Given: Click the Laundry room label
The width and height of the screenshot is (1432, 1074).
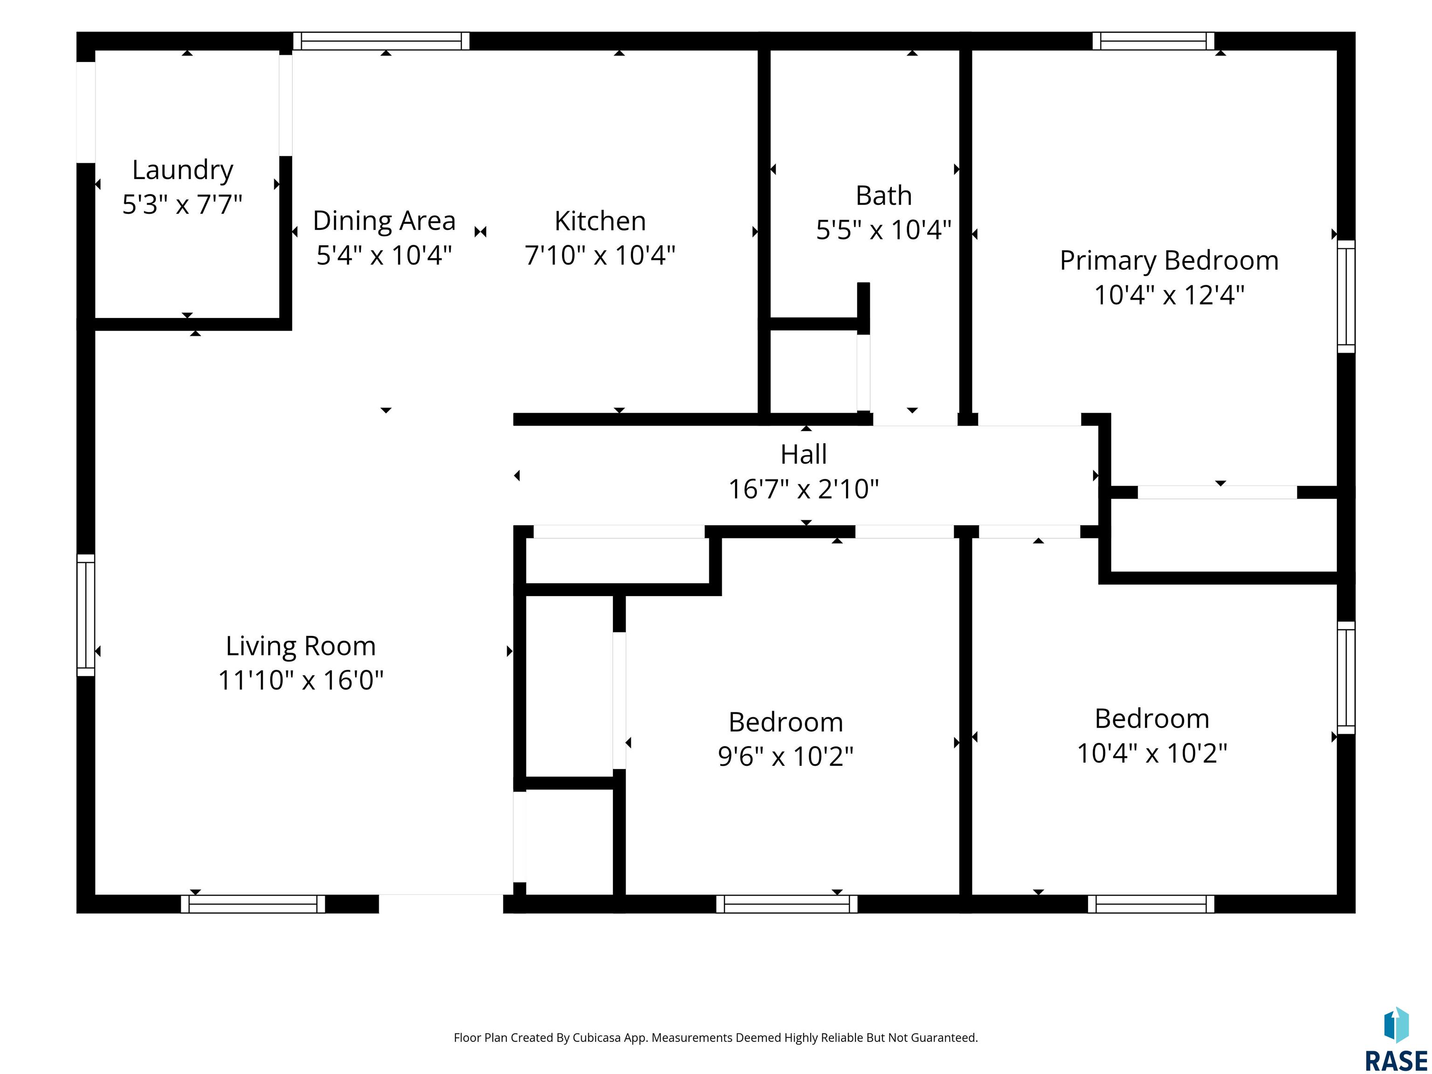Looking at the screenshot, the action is pyautogui.click(x=183, y=170).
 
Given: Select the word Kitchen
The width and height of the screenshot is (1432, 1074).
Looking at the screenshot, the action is pyautogui.click(x=600, y=221).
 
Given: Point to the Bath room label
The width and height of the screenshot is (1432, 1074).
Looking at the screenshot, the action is pyautogui.click(x=884, y=195).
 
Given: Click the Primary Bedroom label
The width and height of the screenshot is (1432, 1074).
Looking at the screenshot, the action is pyautogui.click(x=1169, y=261).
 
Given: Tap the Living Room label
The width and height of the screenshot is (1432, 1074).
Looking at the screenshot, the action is pyautogui.click(x=300, y=646).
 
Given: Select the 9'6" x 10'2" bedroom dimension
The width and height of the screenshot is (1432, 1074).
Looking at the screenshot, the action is pyautogui.click(x=785, y=756).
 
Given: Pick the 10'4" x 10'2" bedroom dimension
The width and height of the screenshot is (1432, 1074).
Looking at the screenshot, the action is pyautogui.click(x=1152, y=752).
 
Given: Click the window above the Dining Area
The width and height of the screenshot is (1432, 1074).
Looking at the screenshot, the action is pyautogui.click(x=381, y=41).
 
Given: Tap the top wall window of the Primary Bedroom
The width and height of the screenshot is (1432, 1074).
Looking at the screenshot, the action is pyautogui.click(x=1153, y=41).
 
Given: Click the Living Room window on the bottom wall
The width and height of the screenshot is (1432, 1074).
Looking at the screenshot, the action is pyautogui.click(x=253, y=904).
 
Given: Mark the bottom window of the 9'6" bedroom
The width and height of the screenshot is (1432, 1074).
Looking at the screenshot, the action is pyautogui.click(x=786, y=904).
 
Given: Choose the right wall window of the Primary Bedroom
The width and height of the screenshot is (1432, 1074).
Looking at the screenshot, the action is pyautogui.click(x=1346, y=296).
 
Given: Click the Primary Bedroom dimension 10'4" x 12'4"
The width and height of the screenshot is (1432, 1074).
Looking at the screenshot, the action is pyautogui.click(x=1169, y=295).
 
